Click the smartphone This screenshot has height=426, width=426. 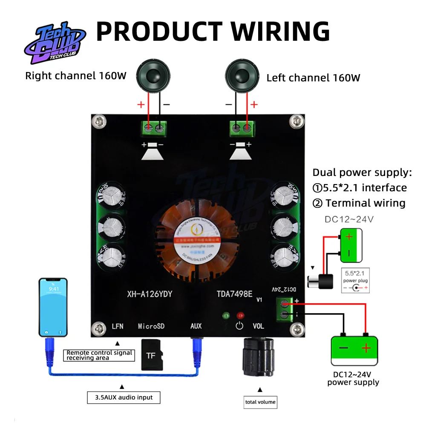[53, 307]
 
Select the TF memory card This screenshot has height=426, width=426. [151, 355]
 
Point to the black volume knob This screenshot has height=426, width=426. [259, 358]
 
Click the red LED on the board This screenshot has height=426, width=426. [241, 316]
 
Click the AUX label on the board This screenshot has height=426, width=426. [196, 326]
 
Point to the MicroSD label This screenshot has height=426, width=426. [151, 326]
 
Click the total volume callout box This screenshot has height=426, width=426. [260, 402]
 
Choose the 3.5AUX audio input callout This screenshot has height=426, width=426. [124, 397]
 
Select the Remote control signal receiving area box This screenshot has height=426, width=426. [99, 355]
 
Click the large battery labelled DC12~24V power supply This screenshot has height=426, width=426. [354, 350]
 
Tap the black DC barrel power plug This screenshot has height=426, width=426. [322, 282]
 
